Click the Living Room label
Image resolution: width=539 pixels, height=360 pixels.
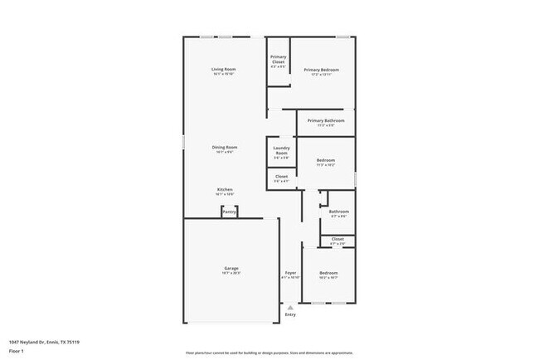[223, 69]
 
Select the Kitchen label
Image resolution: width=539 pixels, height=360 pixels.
[225, 189]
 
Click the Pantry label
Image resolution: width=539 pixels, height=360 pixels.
[230, 212]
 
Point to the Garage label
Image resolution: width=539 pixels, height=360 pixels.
[231, 268]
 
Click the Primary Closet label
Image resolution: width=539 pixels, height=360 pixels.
[278, 58]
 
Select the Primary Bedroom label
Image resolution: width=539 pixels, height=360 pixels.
[321, 70]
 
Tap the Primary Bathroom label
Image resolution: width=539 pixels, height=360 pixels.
[326, 121]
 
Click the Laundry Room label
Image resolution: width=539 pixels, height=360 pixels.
[281, 151]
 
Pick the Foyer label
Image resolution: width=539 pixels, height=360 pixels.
[290, 273]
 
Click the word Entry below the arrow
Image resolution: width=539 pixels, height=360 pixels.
[290, 314]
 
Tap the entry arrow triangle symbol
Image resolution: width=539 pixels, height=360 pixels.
[290, 306]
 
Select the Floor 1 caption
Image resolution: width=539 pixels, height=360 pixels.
[17, 351]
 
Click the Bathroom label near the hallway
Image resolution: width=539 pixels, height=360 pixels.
[338, 212]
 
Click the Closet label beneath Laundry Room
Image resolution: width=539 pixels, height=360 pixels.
[281, 176]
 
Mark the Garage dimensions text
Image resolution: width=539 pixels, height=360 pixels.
[231, 273]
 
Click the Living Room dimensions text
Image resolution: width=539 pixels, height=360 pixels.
[223, 74]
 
